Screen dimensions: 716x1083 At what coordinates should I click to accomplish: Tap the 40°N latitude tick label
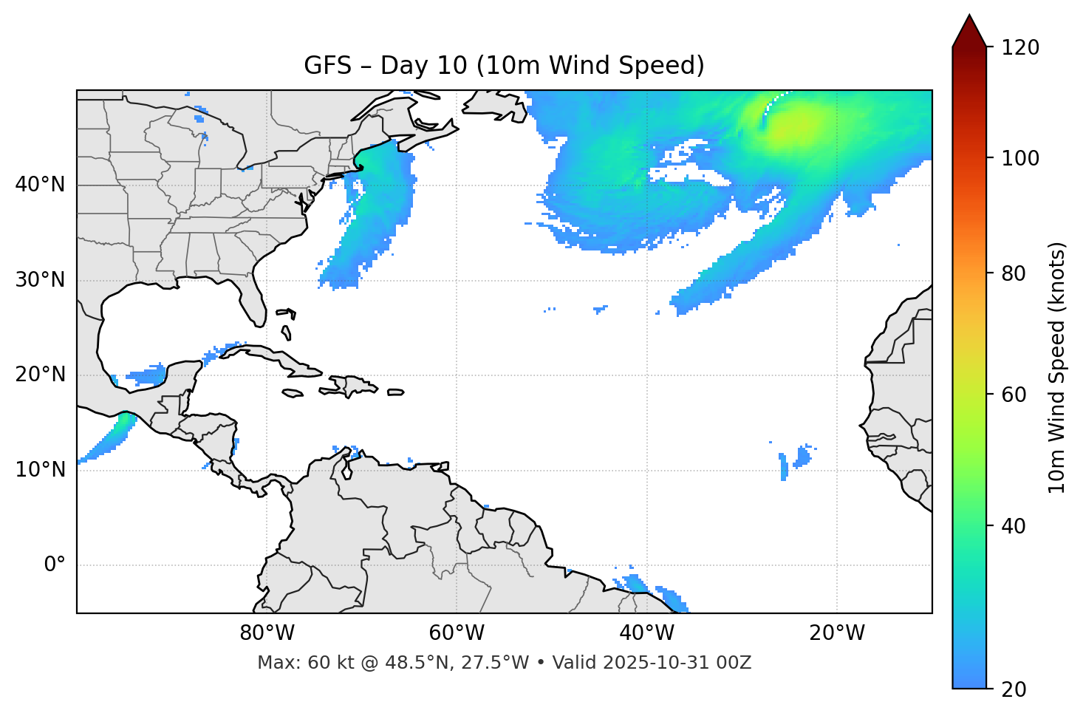click(x=40, y=185)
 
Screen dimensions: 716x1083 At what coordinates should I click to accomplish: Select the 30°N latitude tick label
click(x=40, y=280)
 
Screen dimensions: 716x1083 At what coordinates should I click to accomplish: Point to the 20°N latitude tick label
click(x=40, y=375)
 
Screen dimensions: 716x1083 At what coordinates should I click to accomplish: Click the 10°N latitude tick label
click(x=40, y=470)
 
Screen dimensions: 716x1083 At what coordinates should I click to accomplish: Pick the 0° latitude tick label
click(x=55, y=565)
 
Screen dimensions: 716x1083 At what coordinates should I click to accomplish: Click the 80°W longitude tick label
click(x=267, y=633)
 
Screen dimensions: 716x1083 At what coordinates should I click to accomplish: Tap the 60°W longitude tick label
click(x=457, y=633)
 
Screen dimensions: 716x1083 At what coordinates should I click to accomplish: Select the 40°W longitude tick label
click(x=646, y=633)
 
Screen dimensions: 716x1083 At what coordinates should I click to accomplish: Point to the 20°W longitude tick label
click(x=836, y=633)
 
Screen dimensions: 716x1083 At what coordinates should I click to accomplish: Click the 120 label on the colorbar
click(x=1020, y=48)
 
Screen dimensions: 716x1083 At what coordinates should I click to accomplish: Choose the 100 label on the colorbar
click(x=1020, y=158)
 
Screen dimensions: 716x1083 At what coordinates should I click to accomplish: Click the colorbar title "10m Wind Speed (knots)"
click(x=1057, y=367)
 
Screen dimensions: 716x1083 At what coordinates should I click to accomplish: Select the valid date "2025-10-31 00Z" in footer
click(x=677, y=663)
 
